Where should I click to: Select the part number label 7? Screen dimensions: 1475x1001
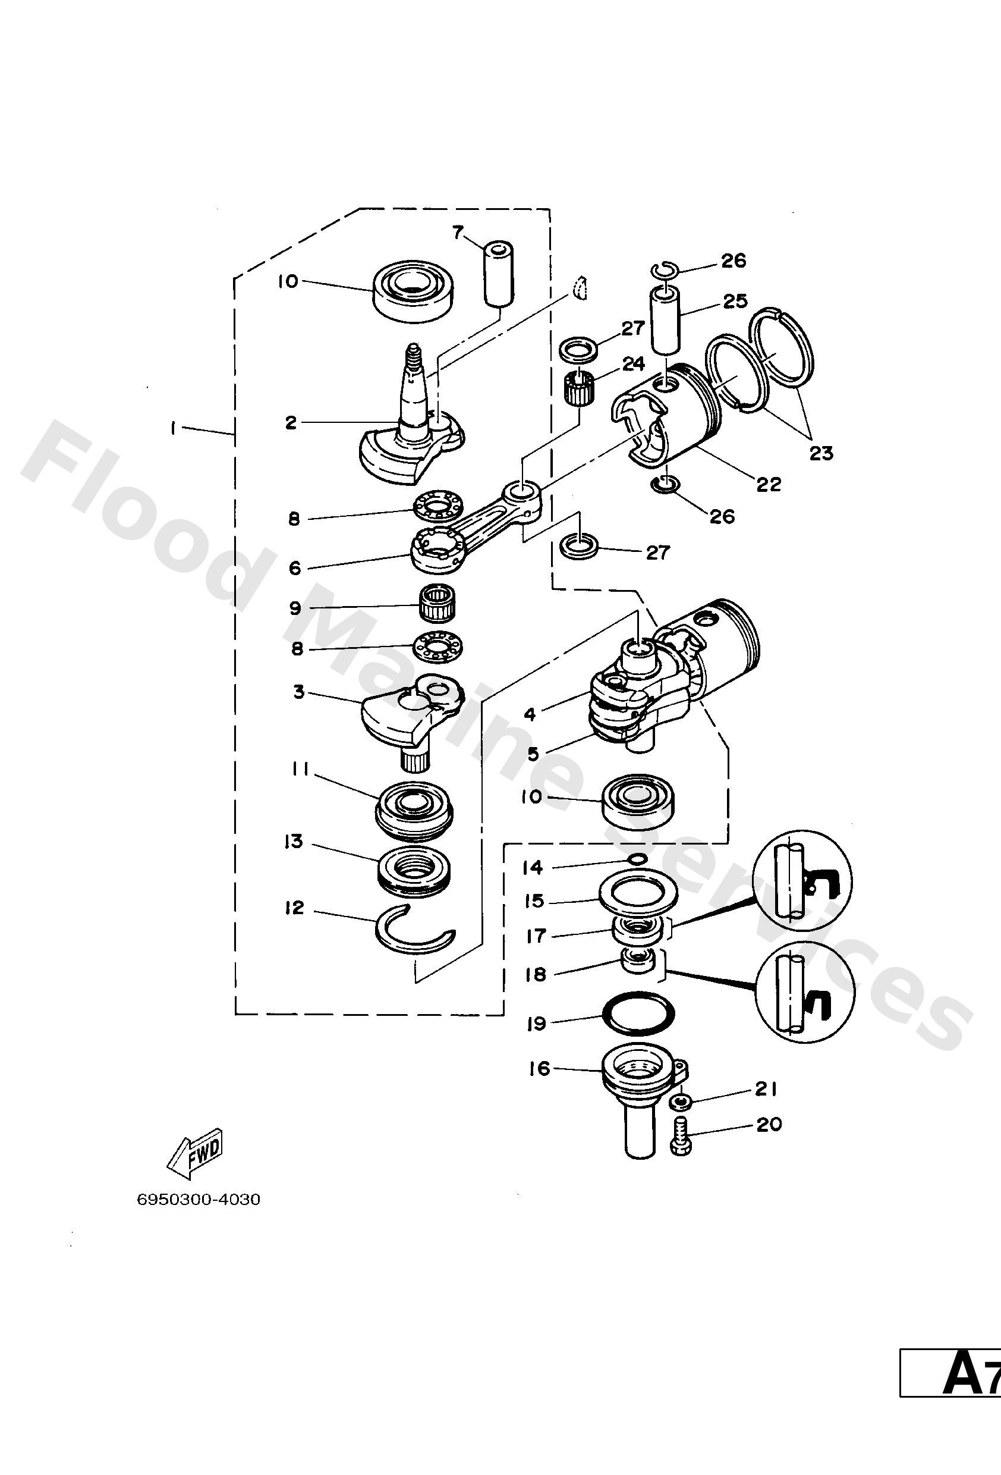458,233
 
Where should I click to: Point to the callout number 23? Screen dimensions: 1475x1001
821,453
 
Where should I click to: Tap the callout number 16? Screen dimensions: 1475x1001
540,1068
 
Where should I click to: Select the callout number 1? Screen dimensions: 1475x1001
172,428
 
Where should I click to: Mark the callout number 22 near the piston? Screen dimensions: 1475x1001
768,484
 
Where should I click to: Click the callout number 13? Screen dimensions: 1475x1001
293,842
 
